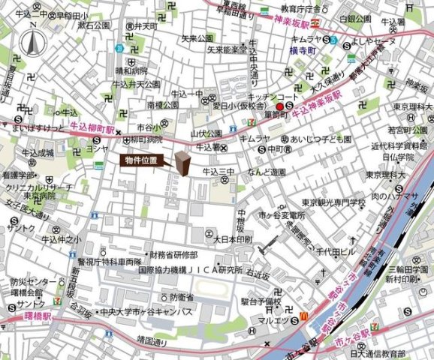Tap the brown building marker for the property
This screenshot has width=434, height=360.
pos(182,163)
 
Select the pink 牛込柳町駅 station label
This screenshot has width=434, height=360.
pos(92,129)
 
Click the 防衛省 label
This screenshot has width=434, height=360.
pos(181,296)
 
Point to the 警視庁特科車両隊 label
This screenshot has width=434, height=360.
pos(110,262)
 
